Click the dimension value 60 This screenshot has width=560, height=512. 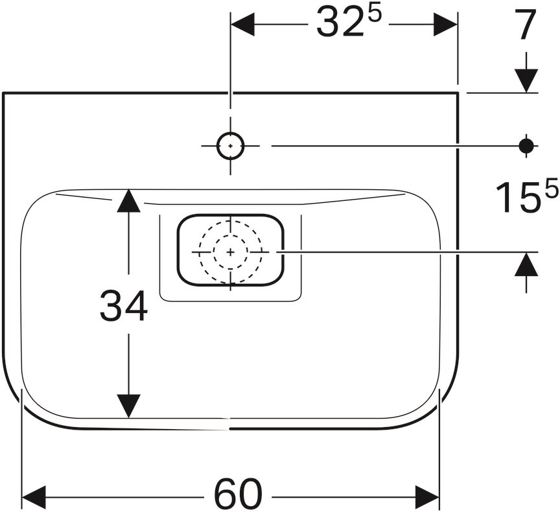(x=239, y=495)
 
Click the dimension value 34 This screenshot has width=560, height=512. (x=124, y=307)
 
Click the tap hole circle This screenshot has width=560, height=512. (x=230, y=146)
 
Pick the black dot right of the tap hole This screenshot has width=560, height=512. (x=526, y=146)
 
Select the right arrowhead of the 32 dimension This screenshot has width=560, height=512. (x=447, y=25)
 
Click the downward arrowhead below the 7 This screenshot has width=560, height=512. (x=527, y=80)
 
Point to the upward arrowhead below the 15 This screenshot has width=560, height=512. (x=527, y=264)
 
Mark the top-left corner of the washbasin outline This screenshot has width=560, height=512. (x=3, y=93)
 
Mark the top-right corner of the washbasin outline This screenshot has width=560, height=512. (x=458, y=93)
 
